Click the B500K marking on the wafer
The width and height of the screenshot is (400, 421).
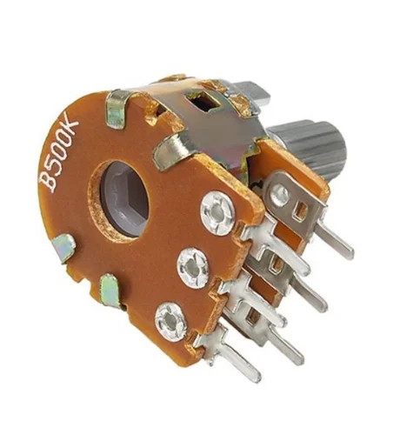tap(59, 151)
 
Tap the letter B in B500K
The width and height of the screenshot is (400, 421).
tap(47, 180)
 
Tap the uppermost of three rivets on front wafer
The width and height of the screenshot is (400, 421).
tap(217, 213)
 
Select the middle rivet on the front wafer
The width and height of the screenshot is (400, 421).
tap(192, 266)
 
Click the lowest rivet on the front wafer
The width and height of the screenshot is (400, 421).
tap(170, 321)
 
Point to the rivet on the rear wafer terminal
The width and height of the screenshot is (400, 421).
tap(280, 192)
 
